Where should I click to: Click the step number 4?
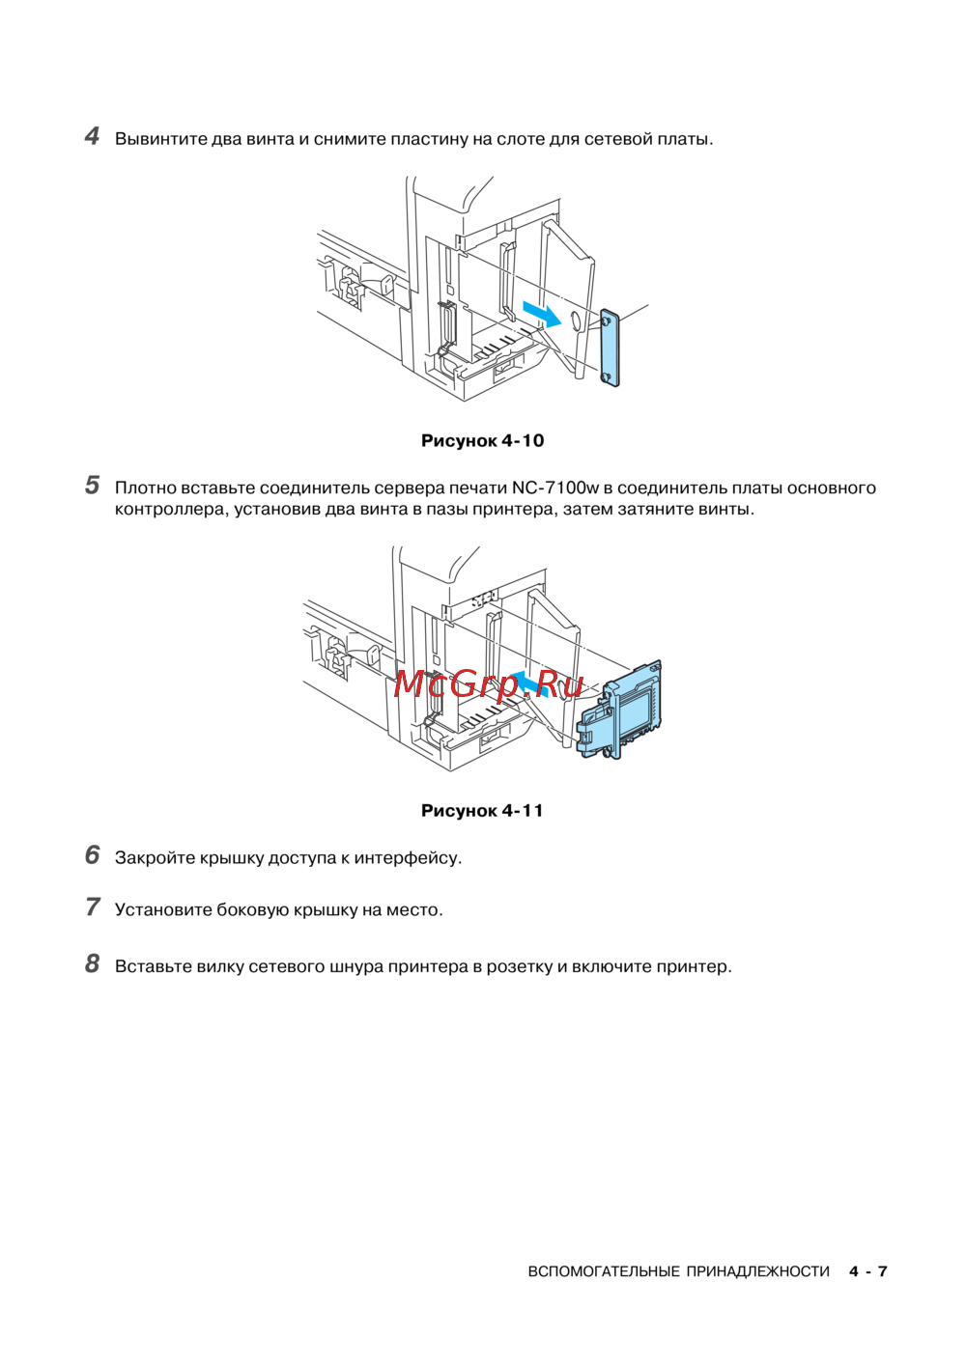point(92,136)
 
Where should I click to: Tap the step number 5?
point(92,486)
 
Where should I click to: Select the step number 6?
point(92,855)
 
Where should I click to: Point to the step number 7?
point(92,907)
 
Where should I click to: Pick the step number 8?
point(92,964)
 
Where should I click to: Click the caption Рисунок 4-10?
point(482,441)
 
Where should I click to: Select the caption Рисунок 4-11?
point(482,811)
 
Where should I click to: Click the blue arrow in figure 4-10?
point(541,313)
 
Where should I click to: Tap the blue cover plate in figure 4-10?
point(609,348)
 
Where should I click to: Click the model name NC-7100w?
point(555,488)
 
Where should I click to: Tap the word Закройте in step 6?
point(155,858)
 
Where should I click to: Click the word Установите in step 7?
point(163,910)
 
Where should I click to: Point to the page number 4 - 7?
point(867,1272)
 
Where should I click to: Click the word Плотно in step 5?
point(145,488)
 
